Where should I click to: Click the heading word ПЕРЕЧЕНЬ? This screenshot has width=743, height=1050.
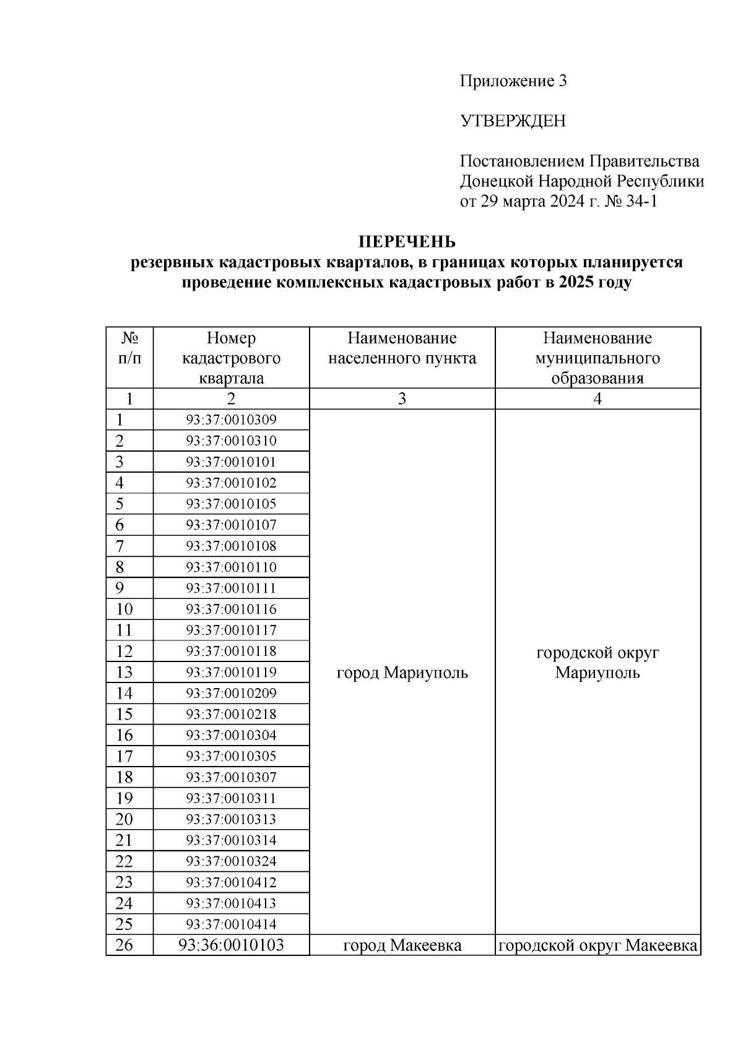coord(407,241)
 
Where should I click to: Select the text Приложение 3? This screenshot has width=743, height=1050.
coord(513,81)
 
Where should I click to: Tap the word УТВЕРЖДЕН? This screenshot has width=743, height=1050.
coord(513,121)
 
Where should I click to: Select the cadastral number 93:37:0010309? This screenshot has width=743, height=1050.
coord(231,420)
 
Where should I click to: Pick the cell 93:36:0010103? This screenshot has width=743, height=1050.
coord(231,945)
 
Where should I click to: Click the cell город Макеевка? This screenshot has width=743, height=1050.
coord(402,945)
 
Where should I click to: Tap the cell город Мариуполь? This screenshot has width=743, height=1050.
coord(402,673)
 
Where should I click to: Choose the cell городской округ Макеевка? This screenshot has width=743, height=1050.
coord(597,945)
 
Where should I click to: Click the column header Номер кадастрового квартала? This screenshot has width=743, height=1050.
coord(231,358)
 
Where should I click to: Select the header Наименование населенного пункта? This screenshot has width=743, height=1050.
coord(402,348)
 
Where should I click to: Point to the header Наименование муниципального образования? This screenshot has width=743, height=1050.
coord(597,358)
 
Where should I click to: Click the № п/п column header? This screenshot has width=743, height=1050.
coord(129,348)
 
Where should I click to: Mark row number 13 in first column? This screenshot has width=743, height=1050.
coord(124,673)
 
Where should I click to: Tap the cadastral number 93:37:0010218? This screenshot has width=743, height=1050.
coord(231,715)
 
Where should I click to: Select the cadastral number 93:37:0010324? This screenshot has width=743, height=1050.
coord(231,861)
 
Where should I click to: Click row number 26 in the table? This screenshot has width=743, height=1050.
coord(124,945)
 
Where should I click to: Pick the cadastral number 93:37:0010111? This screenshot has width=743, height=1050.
coord(231,588)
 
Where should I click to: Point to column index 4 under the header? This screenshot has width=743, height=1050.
coord(597,399)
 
